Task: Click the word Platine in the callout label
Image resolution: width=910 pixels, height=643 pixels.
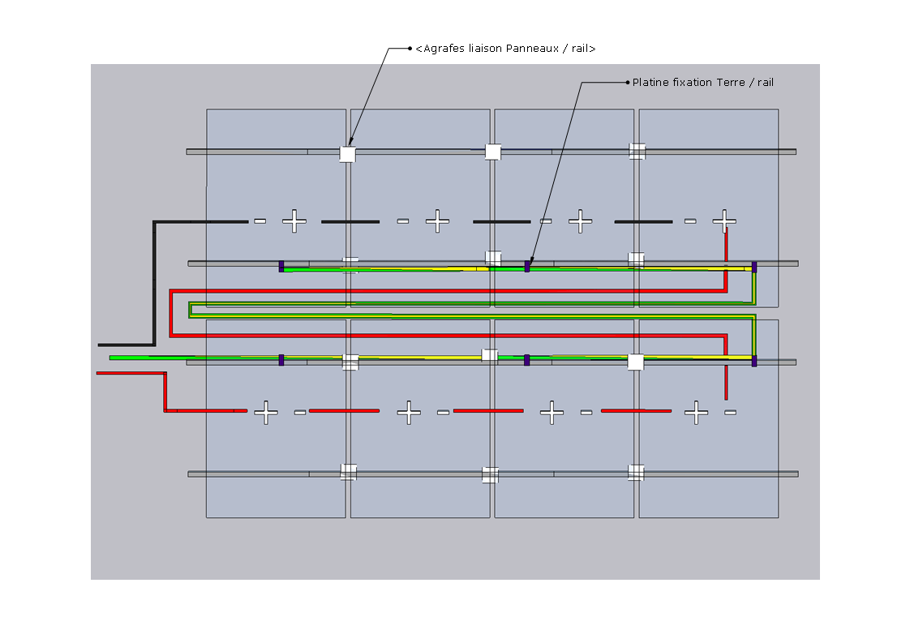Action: click(x=651, y=83)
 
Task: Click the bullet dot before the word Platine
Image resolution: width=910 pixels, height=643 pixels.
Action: click(x=627, y=83)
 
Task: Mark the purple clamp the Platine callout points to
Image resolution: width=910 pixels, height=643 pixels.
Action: click(x=527, y=266)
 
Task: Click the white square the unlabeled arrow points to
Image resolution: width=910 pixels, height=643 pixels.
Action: click(x=347, y=153)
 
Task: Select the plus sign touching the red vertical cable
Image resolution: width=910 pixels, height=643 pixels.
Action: click(x=724, y=221)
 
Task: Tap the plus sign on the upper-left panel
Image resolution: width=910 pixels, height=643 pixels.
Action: click(x=294, y=221)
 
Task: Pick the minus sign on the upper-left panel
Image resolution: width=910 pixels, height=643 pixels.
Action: click(x=260, y=221)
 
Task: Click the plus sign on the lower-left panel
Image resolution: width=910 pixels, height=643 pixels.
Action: click(x=265, y=413)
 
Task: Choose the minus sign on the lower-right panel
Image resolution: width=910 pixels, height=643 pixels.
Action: click(x=730, y=413)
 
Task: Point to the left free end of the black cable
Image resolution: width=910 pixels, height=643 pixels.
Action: click(x=100, y=345)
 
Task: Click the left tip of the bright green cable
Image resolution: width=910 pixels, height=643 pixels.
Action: click(x=111, y=357)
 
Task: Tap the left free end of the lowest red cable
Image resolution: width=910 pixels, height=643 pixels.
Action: click(x=98, y=373)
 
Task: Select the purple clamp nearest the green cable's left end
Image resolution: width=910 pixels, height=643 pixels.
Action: click(x=281, y=359)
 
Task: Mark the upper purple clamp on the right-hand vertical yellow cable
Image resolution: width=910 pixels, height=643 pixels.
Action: click(x=754, y=267)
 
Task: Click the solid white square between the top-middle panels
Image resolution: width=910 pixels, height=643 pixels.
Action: click(x=492, y=152)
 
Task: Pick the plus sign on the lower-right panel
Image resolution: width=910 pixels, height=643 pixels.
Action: click(x=696, y=413)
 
